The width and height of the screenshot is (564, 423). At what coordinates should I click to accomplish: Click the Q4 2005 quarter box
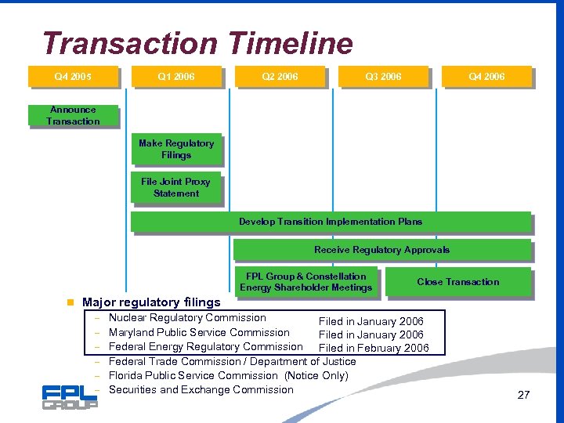(x=72, y=77)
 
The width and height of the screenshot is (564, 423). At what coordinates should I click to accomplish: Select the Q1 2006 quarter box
(x=176, y=77)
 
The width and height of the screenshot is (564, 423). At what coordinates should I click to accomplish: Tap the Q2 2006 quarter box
(x=280, y=77)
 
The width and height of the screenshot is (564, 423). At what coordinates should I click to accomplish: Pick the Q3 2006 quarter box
(x=383, y=77)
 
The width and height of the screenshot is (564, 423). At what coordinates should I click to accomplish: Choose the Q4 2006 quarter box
(x=486, y=77)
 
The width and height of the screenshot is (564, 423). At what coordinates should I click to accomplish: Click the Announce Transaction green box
(x=73, y=116)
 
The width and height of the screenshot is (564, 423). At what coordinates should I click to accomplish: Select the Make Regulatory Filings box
(x=176, y=150)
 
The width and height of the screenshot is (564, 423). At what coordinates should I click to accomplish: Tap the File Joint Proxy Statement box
(x=176, y=188)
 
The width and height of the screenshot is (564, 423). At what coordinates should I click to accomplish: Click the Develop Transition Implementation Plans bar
(x=331, y=222)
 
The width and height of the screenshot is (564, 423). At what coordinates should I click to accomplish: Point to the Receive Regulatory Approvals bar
(x=382, y=250)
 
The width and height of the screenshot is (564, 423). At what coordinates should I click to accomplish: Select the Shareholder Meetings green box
(x=305, y=282)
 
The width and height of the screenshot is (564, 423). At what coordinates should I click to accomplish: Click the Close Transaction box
(x=458, y=282)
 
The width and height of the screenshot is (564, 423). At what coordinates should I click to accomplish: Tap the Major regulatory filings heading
(x=151, y=302)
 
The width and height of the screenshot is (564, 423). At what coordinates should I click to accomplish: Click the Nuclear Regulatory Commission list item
(x=187, y=318)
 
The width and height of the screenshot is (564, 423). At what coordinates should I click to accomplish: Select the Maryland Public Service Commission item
(x=199, y=332)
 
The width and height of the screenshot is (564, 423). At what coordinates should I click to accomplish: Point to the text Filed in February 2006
(x=374, y=349)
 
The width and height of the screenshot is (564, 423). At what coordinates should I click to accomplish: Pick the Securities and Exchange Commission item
(x=201, y=389)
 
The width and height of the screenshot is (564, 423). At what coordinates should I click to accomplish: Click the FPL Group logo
(x=70, y=396)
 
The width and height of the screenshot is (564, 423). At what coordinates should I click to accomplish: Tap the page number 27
(x=523, y=395)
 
